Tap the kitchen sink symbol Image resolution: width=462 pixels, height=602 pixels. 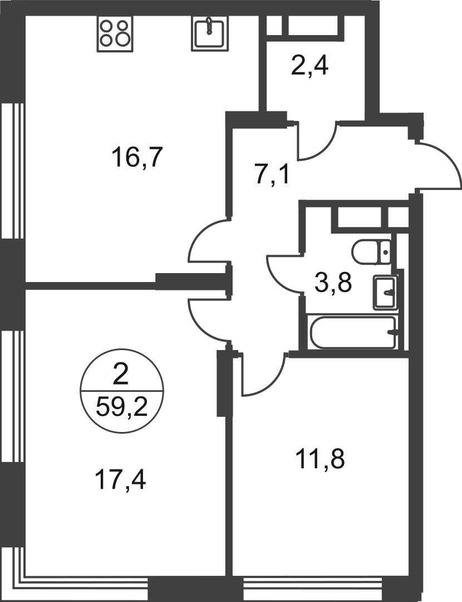point(209,32)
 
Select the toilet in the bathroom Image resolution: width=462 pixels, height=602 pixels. point(372,252)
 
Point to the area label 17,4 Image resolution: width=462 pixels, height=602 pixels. point(121,479)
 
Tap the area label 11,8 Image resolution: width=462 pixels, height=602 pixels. point(320,460)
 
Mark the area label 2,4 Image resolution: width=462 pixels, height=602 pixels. point(309,67)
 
